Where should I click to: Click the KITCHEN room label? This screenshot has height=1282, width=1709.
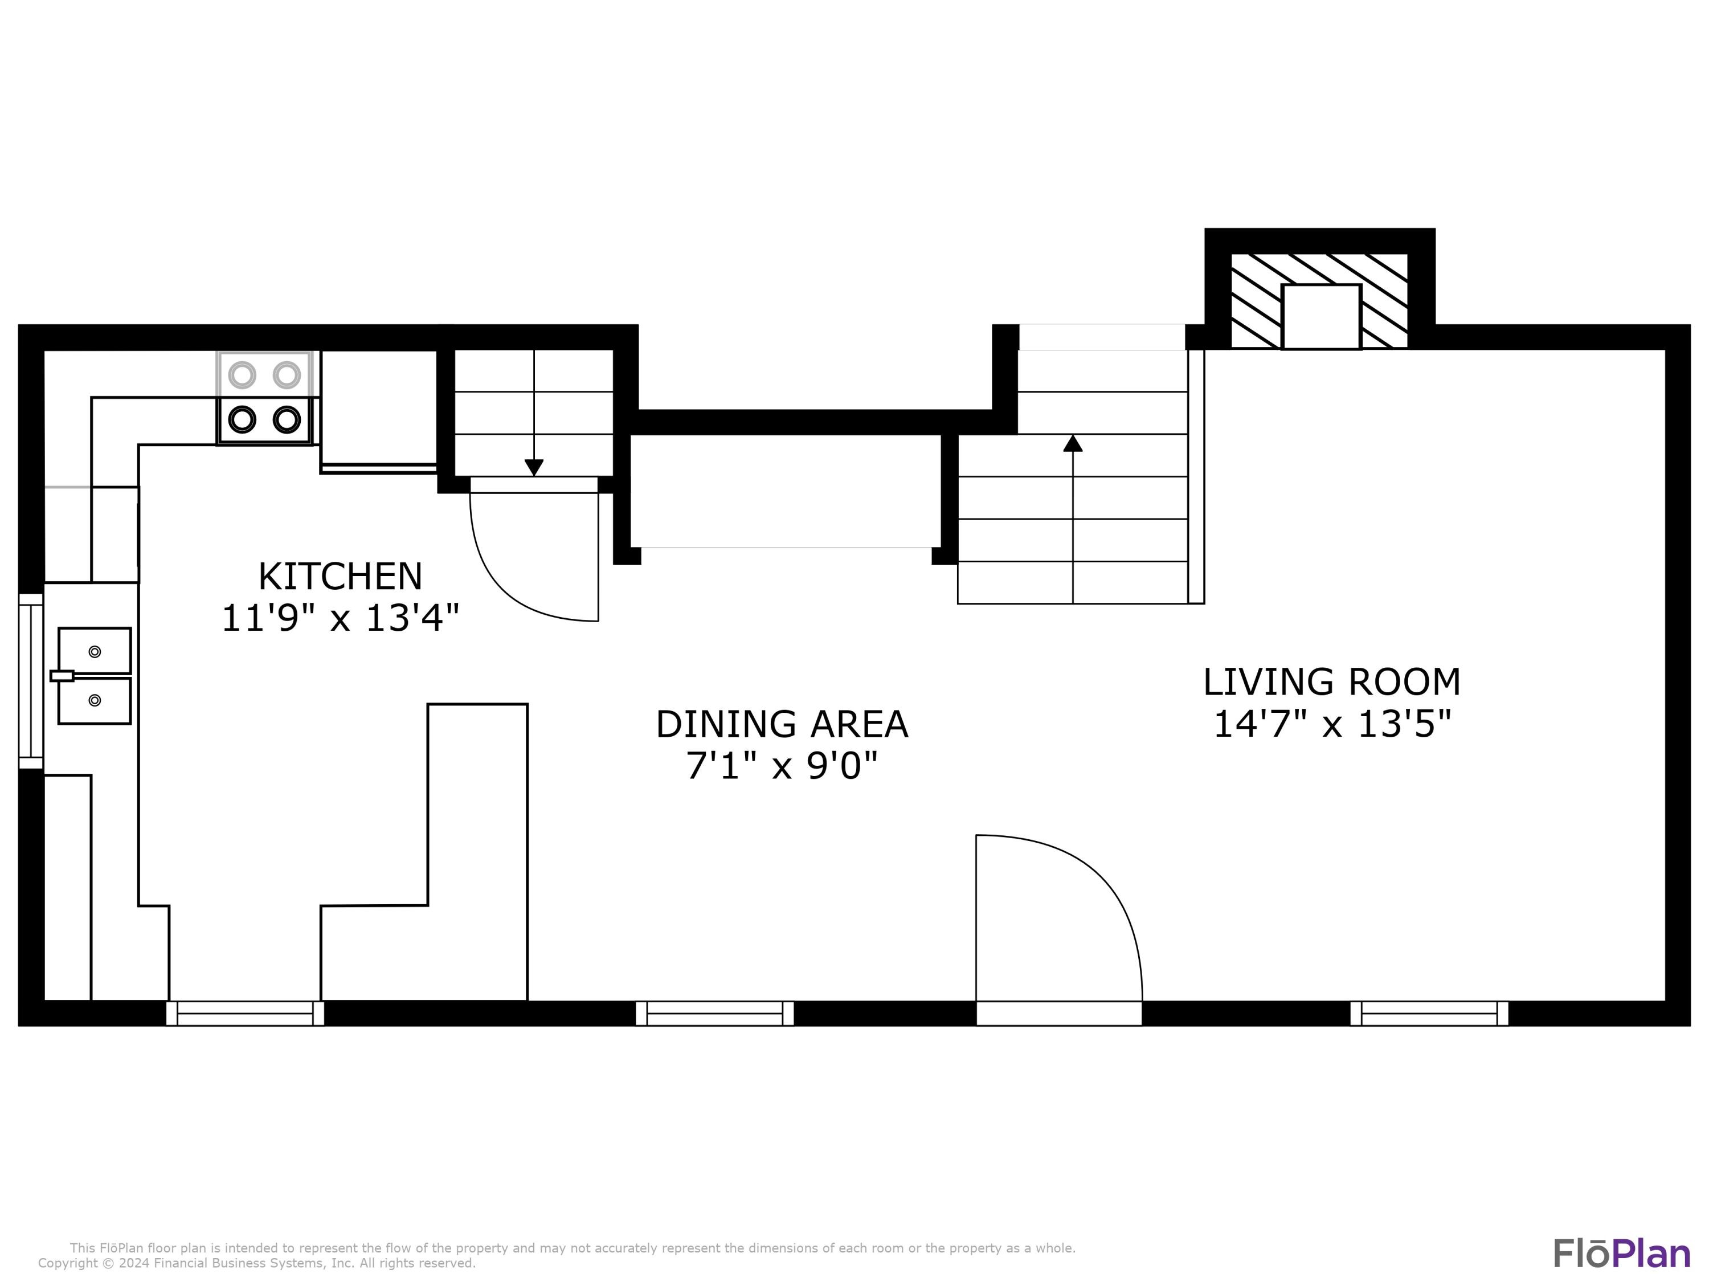pyautogui.click(x=340, y=577)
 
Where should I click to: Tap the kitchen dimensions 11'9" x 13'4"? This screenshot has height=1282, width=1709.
pyautogui.click(x=340, y=618)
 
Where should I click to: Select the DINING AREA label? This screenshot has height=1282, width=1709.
pyautogui.click(x=782, y=724)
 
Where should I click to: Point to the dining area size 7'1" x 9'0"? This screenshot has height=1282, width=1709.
pyautogui.click(x=782, y=766)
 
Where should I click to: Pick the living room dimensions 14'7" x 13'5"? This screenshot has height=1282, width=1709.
pyautogui.click(x=1332, y=724)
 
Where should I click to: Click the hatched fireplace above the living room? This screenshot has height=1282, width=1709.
pyautogui.click(x=1319, y=301)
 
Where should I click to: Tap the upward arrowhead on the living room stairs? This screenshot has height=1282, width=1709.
pyautogui.click(x=1072, y=443)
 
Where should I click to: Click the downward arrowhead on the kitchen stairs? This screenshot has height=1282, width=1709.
pyautogui.click(x=534, y=468)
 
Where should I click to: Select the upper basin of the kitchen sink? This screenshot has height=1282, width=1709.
pyautogui.click(x=94, y=651)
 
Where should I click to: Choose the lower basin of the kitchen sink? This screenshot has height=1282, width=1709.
pyautogui.click(x=94, y=701)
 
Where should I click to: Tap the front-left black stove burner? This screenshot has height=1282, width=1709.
pyautogui.click(x=242, y=419)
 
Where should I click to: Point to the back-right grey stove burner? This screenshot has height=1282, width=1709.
pyautogui.click(x=287, y=375)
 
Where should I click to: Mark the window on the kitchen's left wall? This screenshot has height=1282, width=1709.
pyautogui.click(x=30, y=681)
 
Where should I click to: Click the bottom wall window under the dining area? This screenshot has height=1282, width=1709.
pyautogui.click(x=715, y=1013)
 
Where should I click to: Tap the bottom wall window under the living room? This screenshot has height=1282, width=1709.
pyautogui.click(x=1429, y=1013)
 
